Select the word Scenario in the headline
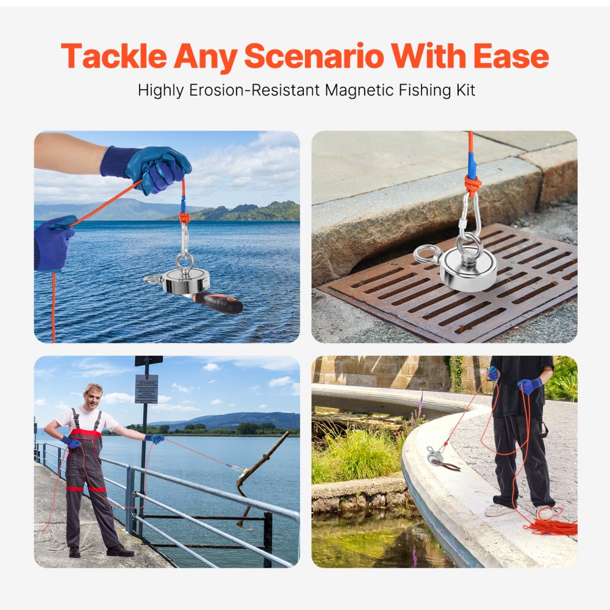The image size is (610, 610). [314, 57]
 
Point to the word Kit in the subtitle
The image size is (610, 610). [463, 90]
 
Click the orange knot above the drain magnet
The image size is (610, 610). [472, 184]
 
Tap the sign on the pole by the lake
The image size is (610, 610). [146, 389]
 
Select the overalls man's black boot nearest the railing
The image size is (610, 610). [120, 550]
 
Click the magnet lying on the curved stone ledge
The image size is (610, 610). [436, 456]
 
